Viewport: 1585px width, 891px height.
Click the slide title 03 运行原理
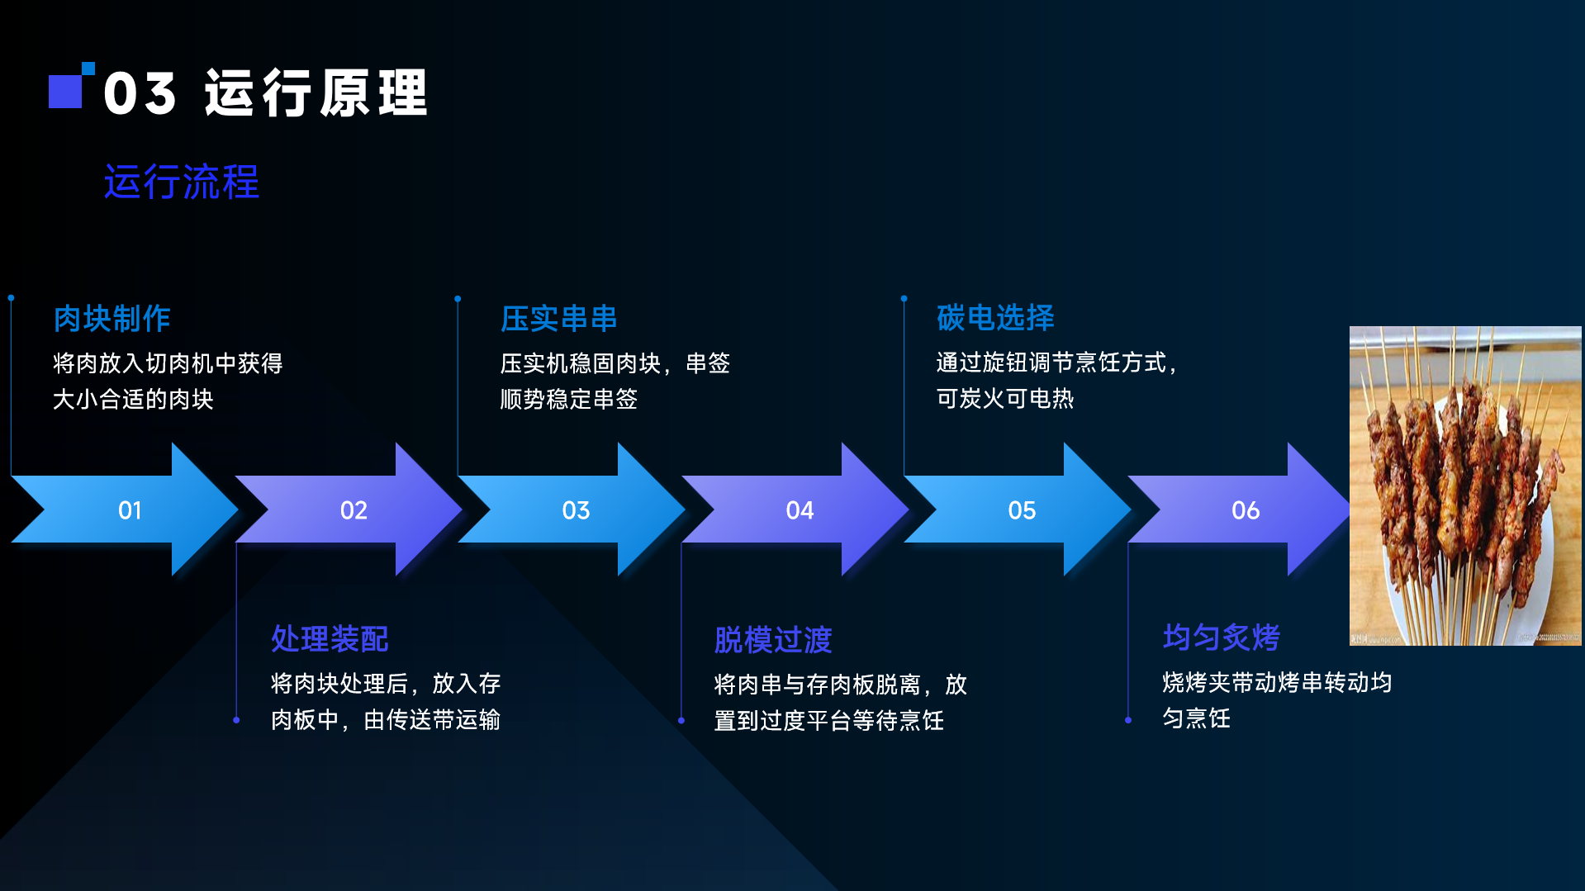click(x=264, y=92)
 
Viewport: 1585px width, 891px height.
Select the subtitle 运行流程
click(x=181, y=182)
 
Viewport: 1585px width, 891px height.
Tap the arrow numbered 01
click(x=130, y=509)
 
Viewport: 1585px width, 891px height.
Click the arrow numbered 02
click(x=354, y=509)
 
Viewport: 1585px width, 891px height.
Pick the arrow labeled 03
click(x=576, y=509)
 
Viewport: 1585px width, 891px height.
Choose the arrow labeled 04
click(x=800, y=509)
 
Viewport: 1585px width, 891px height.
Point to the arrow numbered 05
click(x=1022, y=509)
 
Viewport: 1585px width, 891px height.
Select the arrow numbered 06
click(x=1245, y=509)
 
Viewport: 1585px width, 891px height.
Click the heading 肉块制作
click(x=112, y=319)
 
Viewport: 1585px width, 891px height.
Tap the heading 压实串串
click(x=558, y=319)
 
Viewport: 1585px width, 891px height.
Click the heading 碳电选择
click(x=995, y=318)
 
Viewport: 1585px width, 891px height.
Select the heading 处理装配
click(x=330, y=638)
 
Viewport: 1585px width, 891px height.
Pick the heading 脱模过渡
click(x=773, y=640)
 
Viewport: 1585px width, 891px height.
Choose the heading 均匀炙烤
click(x=1221, y=637)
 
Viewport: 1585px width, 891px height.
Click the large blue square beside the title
click(x=64, y=92)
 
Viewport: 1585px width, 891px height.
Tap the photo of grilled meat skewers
click(x=1464, y=486)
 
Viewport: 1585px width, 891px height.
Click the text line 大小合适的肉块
click(x=133, y=400)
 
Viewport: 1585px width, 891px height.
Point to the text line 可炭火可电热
click(x=1004, y=399)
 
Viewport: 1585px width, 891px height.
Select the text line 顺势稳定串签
click(x=568, y=400)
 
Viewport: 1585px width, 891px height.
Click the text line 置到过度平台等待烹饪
click(x=828, y=721)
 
